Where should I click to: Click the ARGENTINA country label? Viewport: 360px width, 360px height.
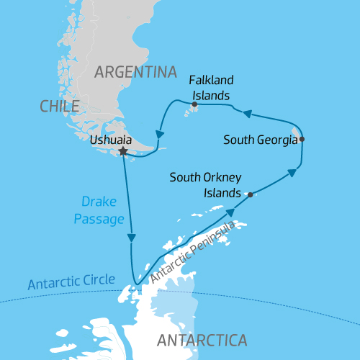pos(135,72)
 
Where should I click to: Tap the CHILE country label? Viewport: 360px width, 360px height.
pos(59,107)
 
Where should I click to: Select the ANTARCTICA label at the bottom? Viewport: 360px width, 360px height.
pos(202,340)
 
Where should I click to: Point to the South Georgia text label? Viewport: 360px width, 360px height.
pos(260,140)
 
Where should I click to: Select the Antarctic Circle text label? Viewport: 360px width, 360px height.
pos(71,281)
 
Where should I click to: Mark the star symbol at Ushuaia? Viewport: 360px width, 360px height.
pos(123,152)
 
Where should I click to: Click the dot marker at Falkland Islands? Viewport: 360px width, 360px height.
pos(194,104)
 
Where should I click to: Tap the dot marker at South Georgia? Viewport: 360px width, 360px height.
pos(302,139)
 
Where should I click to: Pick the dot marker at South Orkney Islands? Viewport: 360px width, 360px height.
pos(250,194)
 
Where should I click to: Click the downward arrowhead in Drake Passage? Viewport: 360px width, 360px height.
pos(131,238)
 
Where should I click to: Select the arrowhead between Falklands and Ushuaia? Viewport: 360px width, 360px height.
pos(159,133)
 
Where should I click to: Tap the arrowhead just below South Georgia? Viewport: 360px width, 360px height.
pos(292,172)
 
